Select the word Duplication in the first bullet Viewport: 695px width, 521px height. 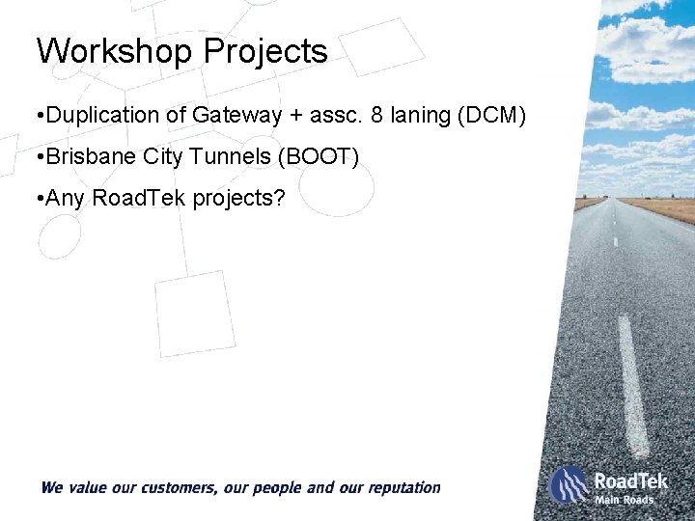(104, 116)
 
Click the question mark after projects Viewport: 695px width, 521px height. (280, 198)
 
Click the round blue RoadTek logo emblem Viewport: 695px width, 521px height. (569, 484)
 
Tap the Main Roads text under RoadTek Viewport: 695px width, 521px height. (624, 500)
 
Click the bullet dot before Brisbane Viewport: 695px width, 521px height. (36, 156)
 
